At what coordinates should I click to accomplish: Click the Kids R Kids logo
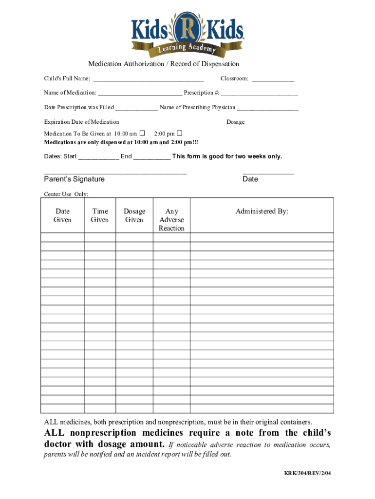pyautogui.click(x=187, y=33)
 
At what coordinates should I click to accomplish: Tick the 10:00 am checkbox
pyautogui.click(x=142, y=133)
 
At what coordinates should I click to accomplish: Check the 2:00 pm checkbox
pyautogui.click(x=179, y=133)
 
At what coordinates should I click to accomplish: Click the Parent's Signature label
pyautogui.click(x=74, y=179)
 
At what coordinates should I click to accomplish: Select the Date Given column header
pyautogui.click(x=62, y=215)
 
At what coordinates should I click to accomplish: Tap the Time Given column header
pyautogui.click(x=100, y=215)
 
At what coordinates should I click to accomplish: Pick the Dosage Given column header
pyautogui.click(x=134, y=215)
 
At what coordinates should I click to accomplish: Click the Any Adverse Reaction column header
pyautogui.click(x=171, y=220)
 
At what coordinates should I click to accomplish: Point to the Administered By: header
pyautogui.click(x=262, y=211)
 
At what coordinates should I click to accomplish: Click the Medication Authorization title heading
pyautogui.click(x=163, y=64)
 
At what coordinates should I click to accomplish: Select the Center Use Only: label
pyautogui.click(x=66, y=194)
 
